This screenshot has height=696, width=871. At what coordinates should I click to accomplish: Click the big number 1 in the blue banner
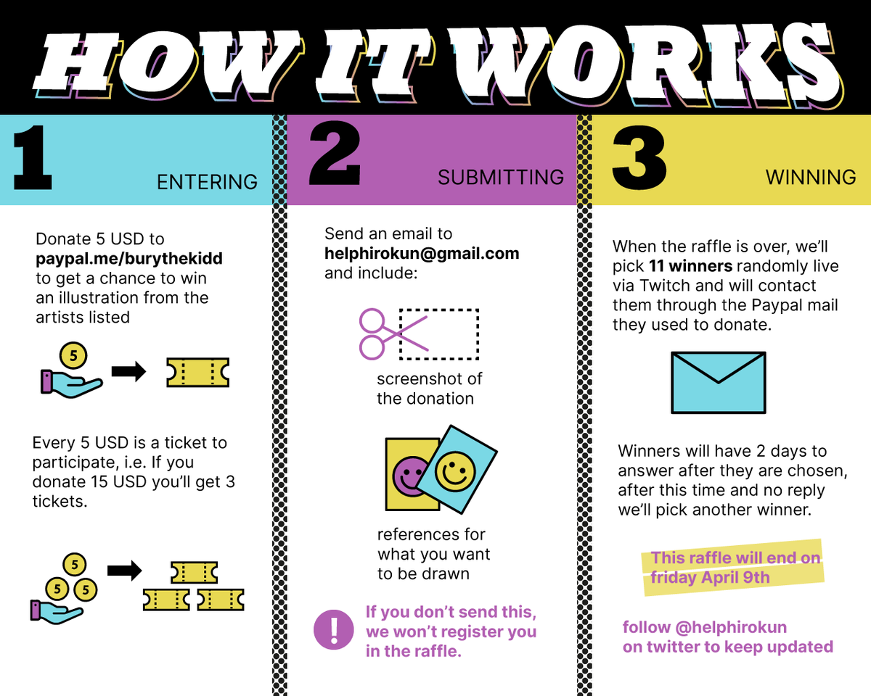coord(33,158)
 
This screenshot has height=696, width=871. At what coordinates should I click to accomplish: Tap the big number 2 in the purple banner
coord(335,154)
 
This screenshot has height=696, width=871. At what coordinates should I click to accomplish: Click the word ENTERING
coord(207,182)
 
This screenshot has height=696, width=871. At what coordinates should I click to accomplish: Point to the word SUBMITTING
coord(501,178)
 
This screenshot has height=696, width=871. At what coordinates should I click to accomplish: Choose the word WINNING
coord(811,178)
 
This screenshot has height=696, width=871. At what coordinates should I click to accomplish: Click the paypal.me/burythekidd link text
coord(129,258)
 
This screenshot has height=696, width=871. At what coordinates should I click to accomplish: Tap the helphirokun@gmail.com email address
coord(422,254)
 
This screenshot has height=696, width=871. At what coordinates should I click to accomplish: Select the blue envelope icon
coord(719,383)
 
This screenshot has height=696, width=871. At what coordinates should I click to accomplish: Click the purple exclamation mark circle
coord(333,630)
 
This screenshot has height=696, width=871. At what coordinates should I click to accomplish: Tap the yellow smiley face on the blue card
coord(455,471)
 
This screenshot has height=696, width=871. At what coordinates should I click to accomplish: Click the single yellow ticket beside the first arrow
coord(198,373)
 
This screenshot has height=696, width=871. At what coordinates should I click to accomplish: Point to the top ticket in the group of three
coord(195,572)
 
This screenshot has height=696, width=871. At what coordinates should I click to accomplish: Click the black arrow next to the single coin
coord(128,371)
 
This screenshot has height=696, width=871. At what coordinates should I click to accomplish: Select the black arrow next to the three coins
coord(125,571)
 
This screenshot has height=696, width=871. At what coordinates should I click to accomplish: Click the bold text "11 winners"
coord(690,266)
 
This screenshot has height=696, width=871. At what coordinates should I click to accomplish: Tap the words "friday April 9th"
coord(710,578)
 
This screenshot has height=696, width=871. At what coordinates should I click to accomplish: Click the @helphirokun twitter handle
coord(731,627)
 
